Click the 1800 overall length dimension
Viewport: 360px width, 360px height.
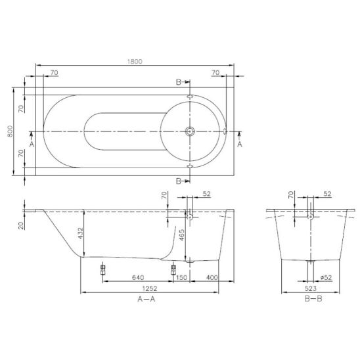(x=135, y=62)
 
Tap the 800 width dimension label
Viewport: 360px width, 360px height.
(x=10, y=131)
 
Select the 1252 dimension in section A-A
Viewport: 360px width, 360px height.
(x=150, y=288)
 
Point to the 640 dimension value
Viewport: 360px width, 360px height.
(x=138, y=277)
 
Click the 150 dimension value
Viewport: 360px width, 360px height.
(x=181, y=277)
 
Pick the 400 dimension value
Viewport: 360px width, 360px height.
(x=212, y=277)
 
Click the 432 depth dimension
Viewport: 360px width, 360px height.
(x=81, y=233)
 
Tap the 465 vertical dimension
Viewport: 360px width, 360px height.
(x=181, y=235)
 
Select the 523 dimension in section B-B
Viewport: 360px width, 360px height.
(x=311, y=288)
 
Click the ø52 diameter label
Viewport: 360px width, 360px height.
(x=326, y=277)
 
